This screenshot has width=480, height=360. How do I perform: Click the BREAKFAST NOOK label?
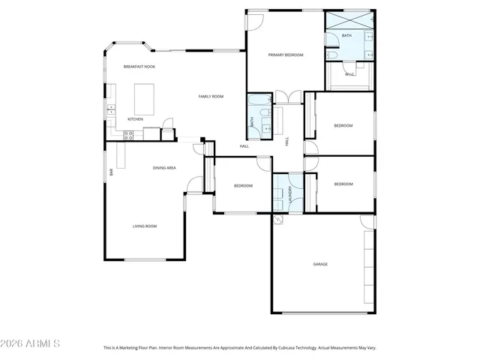[139, 67]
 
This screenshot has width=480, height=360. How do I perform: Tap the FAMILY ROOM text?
[211, 97]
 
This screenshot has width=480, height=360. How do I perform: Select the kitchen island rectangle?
[144, 97]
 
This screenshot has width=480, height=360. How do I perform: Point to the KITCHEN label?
[135, 119]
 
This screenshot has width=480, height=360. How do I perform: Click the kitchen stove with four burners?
[128, 136]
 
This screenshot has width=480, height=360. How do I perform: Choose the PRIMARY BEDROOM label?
[286, 55]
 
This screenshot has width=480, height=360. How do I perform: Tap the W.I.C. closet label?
[349, 74]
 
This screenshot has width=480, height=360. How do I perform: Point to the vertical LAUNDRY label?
[287, 192]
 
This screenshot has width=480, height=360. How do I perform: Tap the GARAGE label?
[320, 264]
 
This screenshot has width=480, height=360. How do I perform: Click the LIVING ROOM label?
[145, 226]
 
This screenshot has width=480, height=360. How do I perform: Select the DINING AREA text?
[164, 168]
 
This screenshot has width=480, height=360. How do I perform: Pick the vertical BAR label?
[111, 172]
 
